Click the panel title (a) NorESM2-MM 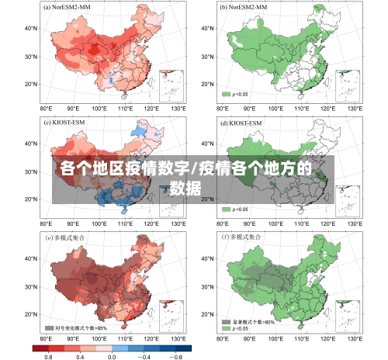point(69,6)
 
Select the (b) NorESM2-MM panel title point(246,6)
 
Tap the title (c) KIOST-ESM point(66,122)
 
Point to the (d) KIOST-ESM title point(243,122)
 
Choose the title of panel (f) point(244,236)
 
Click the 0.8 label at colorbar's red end point(48,356)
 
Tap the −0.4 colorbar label point(143,356)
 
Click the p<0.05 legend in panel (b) point(236,94)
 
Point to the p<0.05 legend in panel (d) point(236,209)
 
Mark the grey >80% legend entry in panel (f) point(248,320)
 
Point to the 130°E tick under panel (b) point(355,108)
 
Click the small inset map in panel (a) point(171,85)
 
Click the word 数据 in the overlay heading point(186,187)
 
